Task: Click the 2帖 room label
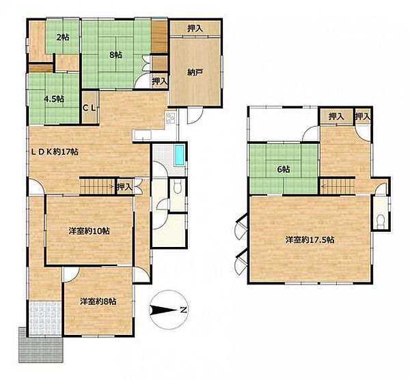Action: [63, 38]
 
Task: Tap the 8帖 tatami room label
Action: [115, 55]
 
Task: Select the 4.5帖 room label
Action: [54, 99]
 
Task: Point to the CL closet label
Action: [90, 108]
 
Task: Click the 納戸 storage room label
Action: [195, 72]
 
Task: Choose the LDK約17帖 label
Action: [55, 151]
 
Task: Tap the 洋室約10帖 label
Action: [89, 231]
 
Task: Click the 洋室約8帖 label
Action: [98, 302]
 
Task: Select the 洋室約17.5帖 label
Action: [310, 239]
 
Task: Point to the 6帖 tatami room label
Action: [283, 169]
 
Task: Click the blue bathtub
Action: [180, 156]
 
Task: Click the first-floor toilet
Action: [178, 188]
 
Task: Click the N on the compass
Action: [183, 310]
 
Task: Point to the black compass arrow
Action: [164, 310]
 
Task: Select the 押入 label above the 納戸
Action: [195, 29]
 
